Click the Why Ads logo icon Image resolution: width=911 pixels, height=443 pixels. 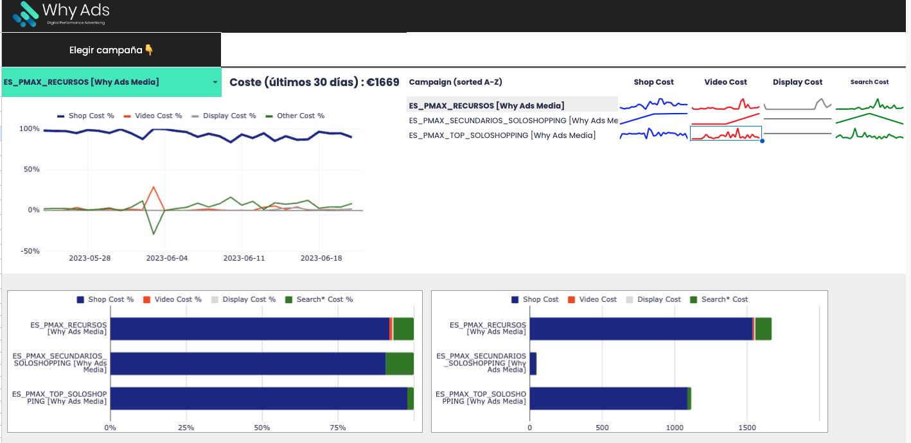pyautogui.click(x=25, y=13)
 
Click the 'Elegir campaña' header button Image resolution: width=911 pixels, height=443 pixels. pyautogui.click(x=111, y=50)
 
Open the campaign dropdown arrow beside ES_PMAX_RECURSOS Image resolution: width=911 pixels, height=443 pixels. pyautogui.click(x=215, y=82)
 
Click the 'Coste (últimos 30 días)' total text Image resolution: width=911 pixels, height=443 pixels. pyautogui.click(x=314, y=82)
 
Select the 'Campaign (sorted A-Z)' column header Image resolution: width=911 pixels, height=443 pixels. pyautogui.click(x=455, y=82)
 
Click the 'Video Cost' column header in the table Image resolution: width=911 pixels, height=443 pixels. pyautogui.click(x=725, y=82)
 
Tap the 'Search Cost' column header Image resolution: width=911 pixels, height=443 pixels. pyautogui.click(x=869, y=82)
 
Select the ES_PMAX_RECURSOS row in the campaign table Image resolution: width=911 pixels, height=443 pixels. pyautogui.click(x=486, y=105)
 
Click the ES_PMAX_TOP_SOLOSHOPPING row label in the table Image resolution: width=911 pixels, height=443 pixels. pyautogui.click(x=502, y=135)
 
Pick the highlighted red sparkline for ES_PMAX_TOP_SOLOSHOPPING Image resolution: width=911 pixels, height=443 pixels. pyautogui.click(x=725, y=134)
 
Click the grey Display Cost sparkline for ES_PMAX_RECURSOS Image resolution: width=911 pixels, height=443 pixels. pyautogui.click(x=797, y=105)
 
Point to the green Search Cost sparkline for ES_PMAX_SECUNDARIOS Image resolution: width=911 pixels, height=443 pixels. pyautogui.click(x=869, y=119)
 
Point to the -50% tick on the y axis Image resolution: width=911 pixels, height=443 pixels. pyautogui.click(x=30, y=251)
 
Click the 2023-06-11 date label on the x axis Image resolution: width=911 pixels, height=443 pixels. pyautogui.click(x=243, y=258)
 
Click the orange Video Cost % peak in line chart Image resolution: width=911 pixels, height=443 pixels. pyautogui.click(x=153, y=187)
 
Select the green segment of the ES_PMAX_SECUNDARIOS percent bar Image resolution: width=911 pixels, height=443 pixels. pyautogui.click(x=399, y=363)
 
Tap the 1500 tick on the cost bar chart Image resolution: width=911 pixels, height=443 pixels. pyautogui.click(x=747, y=427)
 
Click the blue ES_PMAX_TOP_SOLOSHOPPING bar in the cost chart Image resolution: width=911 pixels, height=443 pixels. pyautogui.click(x=607, y=398)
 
